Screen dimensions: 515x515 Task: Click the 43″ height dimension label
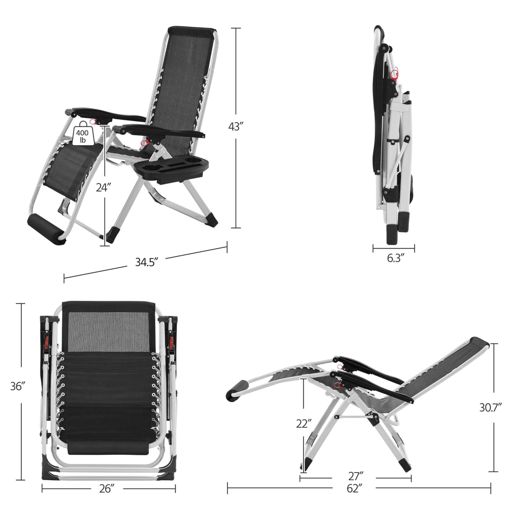[x=236, y=127]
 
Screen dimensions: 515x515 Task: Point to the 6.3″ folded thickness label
[x=393, y=258]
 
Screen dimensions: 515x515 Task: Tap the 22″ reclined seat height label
[x=304, y=423]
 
